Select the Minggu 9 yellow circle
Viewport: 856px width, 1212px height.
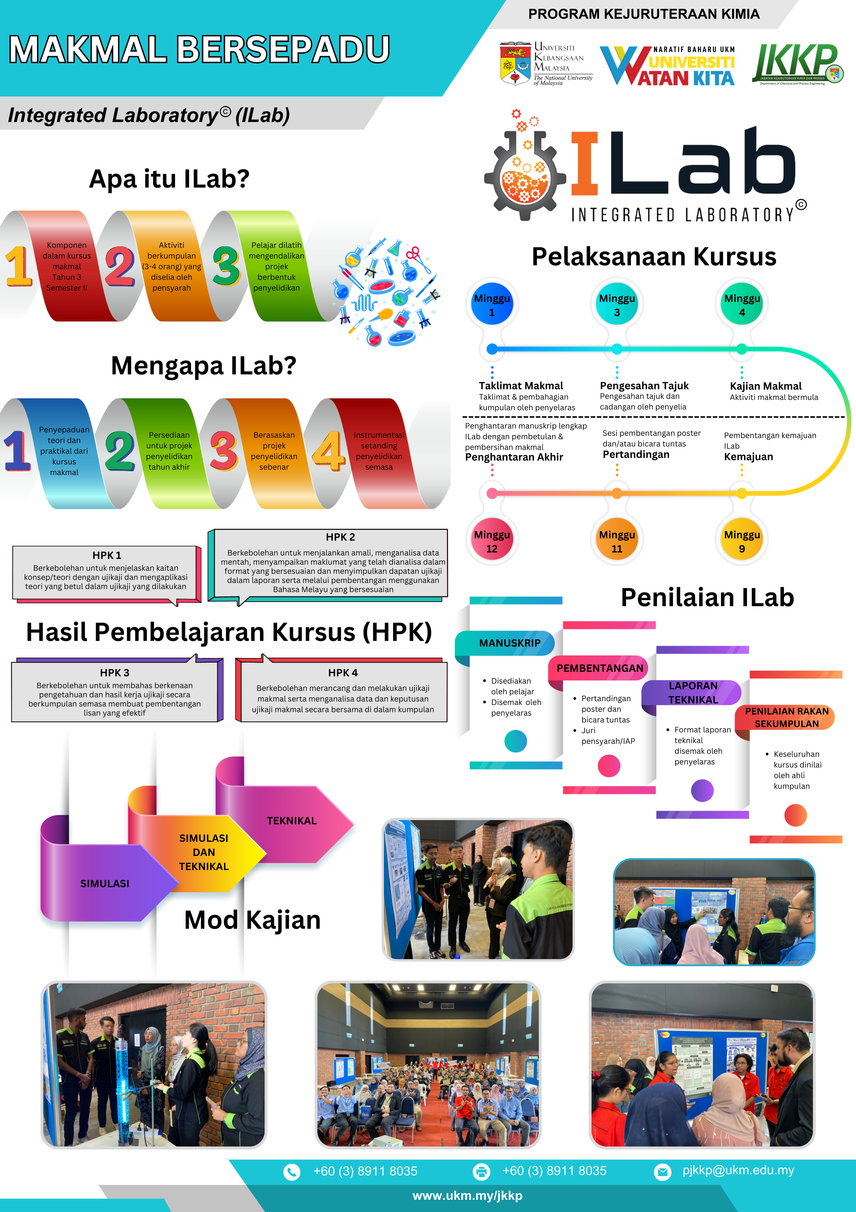[x=742, y=541]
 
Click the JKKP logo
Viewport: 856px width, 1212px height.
[x=797, y=64]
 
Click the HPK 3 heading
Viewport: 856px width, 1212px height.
[x=115, y=673]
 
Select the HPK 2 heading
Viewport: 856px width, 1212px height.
[x=340, y=537]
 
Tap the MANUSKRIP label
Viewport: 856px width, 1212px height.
[x=509, y=643]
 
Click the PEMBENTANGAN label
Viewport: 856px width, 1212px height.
[x=600, y=668]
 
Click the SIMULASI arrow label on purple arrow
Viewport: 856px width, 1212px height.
[x=104, y=883]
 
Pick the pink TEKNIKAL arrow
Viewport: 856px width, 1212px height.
[x=291, y=820]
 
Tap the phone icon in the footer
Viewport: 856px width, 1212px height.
[x=291, y=1171]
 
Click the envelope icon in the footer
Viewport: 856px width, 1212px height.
[x=662, y=1171]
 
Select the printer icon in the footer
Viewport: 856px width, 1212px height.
[x=481, y=1171]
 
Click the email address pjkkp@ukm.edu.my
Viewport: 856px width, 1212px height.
[x=738, y=1170]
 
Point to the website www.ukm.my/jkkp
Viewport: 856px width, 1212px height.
[x=467, y=1196]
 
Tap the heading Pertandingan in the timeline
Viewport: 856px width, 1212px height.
[x=636, y=454]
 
